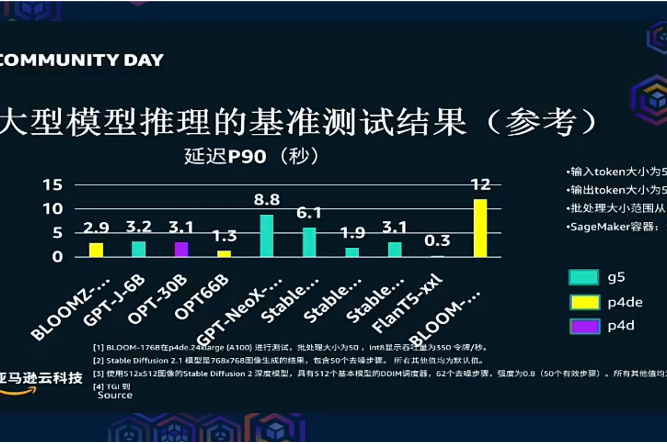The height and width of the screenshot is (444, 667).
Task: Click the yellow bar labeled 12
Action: click(x=480, y=228)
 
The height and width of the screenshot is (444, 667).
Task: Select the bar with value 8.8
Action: click(x=267, y=236)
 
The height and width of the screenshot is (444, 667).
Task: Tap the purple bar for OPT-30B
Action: click(x=181, y=249)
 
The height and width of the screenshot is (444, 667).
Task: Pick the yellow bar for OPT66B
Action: click(x=224, y=254)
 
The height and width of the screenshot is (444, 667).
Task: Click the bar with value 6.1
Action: click(x=309, y=242)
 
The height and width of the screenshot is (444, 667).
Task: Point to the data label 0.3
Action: click(x=437, y=241)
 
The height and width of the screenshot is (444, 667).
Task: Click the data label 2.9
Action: click(x=96, y=228)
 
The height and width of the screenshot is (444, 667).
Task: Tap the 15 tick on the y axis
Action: click(x=52, y=185)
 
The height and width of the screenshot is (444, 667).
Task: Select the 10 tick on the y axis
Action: click(x=52, y=208)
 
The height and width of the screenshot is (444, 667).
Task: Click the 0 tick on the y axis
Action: click(x=57, y=257)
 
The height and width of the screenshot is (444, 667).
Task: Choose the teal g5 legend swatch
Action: click(x=584, y=277)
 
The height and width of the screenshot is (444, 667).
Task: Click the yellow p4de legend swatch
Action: click(x=585, y=302)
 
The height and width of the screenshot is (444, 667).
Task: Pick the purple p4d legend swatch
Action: click(x=585, y=326)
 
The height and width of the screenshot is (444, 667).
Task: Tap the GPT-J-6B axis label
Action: click(x=115, y=300)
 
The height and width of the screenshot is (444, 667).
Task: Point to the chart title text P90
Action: click(x=247, y=156)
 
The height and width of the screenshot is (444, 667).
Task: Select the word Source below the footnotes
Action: click(x=115, y=395)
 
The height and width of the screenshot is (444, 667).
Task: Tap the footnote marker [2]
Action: click(x=98, y=360)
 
